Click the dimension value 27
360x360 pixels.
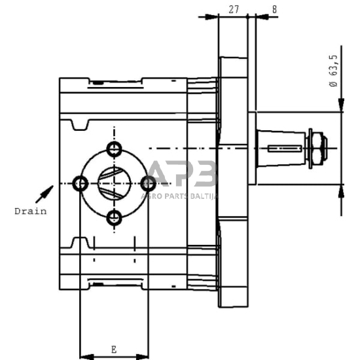[234, 9]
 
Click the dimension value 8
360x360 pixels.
[274, 9]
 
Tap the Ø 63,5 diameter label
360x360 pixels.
[333, 71]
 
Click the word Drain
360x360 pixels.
[31, 211]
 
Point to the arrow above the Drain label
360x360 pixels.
[45, 194]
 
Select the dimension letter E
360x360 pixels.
[114, 350]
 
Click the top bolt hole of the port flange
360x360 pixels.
[114, 149]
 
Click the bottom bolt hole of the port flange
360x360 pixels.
[114, 218]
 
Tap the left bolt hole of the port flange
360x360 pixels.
[80, 184]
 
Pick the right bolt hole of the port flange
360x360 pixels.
[149, 183]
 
